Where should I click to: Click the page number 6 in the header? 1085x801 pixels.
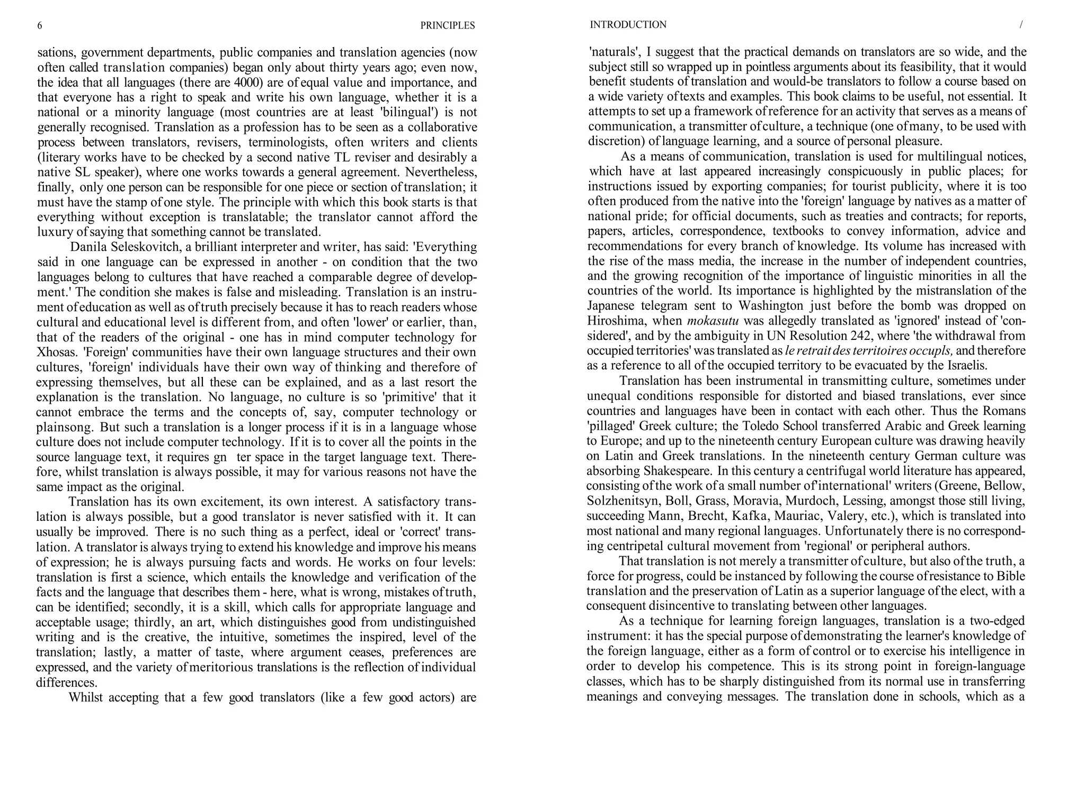(x=40, y=25)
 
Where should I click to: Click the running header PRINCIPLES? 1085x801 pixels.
(x=447, y=25)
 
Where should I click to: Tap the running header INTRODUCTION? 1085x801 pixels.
(x=628, y=25)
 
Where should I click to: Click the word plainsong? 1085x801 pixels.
(x=64, y=427)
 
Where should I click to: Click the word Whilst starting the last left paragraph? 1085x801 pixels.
(x=86, y=697)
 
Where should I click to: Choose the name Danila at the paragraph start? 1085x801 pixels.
(x=88, y=247)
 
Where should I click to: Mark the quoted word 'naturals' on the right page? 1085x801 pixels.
(x=615, y=52)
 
